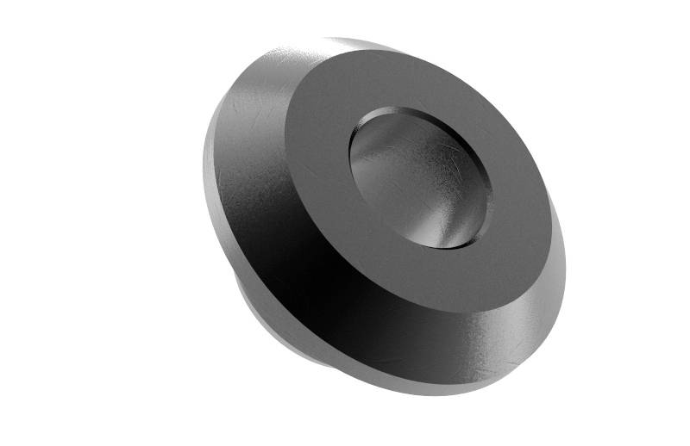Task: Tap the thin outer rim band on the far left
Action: [210, 172]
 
